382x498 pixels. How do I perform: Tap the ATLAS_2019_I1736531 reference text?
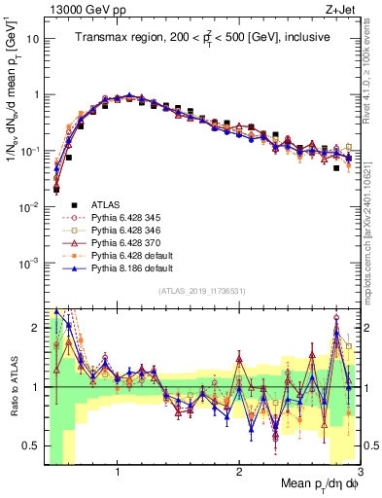(x=201, y=292)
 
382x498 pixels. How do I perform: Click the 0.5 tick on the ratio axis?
(x=33, y=445)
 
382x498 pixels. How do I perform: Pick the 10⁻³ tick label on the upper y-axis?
(x=29, y=264)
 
